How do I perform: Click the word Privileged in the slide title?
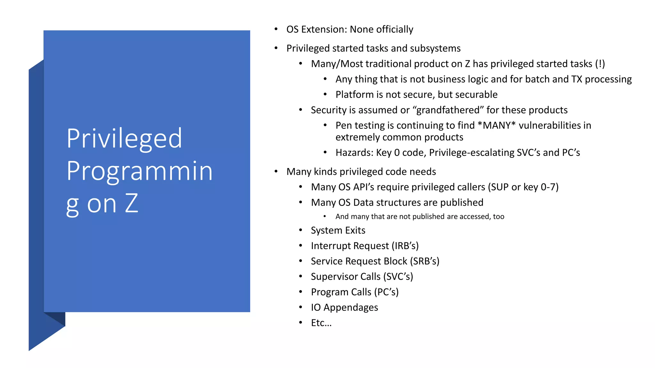pos(124,139)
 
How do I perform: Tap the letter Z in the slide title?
pos(131,203)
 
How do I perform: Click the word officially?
pos(395,29)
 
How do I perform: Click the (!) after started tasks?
pos(600,64)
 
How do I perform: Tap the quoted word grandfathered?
pos(448,110)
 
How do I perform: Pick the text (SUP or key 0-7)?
pos(523,187)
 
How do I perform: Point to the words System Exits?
pos(338,230)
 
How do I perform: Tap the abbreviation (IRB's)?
pos(405,246)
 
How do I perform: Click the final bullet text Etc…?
pos(321,323)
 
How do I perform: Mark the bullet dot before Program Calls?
pos(301,292)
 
